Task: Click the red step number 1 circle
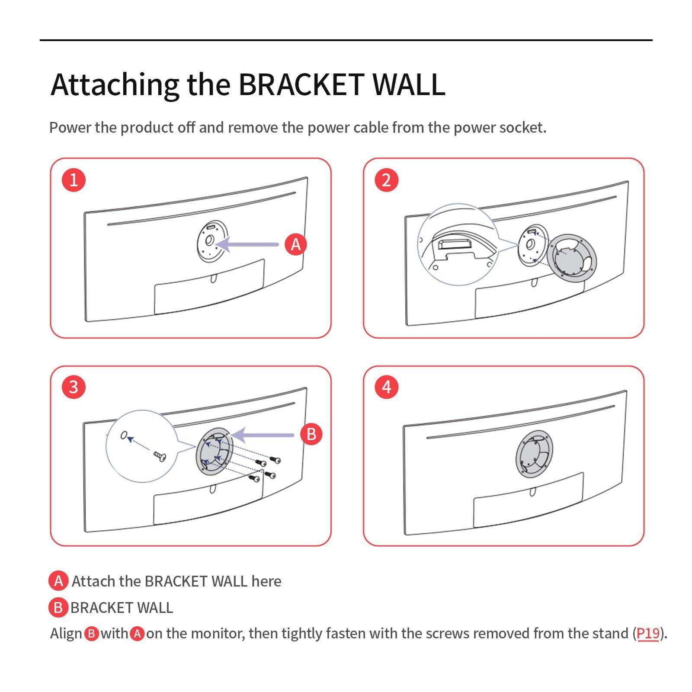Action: [74, 179]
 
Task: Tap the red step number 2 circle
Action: [386, 179]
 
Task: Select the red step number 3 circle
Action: [74, 387]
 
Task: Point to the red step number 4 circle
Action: [386, 387]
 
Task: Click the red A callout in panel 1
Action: [295, 244]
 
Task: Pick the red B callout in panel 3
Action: [311, 434]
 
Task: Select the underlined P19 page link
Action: [648, 634]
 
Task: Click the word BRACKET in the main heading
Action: [301, 84]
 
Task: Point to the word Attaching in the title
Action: [115, 85]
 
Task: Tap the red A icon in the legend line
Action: [58, 581]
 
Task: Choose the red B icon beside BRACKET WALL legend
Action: [58, 608]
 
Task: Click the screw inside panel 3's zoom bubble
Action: [159, 455]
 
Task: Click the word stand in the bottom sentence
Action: [611, 634]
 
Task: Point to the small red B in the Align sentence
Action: [91, 634]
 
